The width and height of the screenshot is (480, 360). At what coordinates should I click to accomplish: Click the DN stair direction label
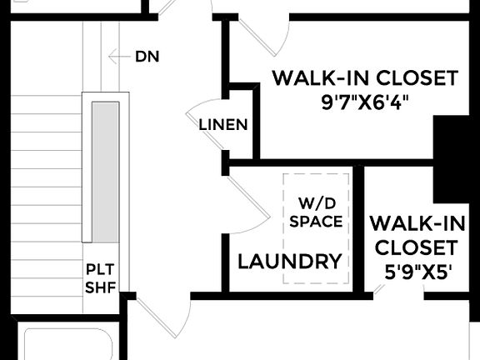pos(147,57)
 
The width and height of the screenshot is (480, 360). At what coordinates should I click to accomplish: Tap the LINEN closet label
pos(223,125)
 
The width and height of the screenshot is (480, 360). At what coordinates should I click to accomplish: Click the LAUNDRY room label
pos(290,261)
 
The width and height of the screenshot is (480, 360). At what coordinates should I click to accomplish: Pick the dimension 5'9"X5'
pos(415,272)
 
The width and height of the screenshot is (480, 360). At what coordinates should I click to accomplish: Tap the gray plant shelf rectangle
pos(104,171)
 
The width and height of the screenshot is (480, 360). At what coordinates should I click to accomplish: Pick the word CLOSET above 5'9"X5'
pos(415,247)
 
